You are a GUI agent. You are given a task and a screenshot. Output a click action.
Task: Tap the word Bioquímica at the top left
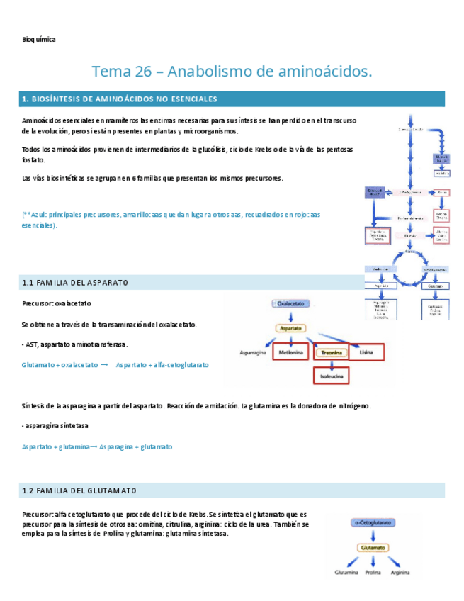click(39, 40)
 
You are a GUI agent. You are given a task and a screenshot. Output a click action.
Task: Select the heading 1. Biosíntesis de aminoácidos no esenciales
click(120, 99)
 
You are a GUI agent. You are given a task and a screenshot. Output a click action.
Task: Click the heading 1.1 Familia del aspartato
click(75, 283)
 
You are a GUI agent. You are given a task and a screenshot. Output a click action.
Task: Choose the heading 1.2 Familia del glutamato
click(79, 490)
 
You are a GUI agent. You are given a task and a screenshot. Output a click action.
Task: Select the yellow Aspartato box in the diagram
click(290, 329)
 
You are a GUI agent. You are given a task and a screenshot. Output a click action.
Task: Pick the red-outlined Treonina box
click(332, 352)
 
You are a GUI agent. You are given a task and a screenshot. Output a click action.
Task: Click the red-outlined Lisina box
click(367, 352)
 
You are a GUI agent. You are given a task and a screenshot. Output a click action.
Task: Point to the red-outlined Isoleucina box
click(332, 376)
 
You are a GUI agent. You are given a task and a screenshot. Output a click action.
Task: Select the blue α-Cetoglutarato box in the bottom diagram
click(373, 522)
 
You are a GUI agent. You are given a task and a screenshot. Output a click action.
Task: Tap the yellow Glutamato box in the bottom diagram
click(373, 547)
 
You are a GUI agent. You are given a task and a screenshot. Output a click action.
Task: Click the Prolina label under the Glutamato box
click(373, 571)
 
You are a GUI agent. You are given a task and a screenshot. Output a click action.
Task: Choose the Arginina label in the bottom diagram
click(402, 571)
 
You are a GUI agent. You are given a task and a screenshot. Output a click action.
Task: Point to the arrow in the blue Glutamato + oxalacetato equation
click(104, 364)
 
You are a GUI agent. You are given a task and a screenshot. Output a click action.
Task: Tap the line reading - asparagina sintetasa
click(55, 425)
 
